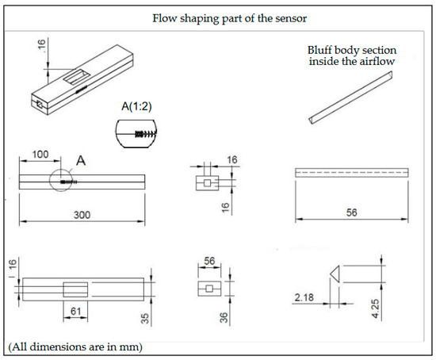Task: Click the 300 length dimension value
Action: tap(82, 215)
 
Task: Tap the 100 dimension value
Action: tap(40, 155)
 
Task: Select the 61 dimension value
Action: tap(75, 311)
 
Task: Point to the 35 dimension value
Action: tap(145, 319)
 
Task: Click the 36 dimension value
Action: tap(224, 318)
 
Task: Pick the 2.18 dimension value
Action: tap(304, 297)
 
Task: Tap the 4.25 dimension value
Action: tap(376, 308)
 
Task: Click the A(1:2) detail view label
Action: tap(136, 106)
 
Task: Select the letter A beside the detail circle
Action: tap(81, 160)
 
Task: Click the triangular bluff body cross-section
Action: tap(336, 274)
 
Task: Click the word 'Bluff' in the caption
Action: tap(319, 51)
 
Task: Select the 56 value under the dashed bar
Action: tap(351, 213)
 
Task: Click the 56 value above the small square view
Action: tap(209, 261)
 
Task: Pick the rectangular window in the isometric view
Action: tap(76, 77)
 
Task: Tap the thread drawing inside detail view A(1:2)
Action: tap(144, 134)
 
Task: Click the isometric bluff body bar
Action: tap(350, 98)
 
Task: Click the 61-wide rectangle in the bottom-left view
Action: tap(75, 289)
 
